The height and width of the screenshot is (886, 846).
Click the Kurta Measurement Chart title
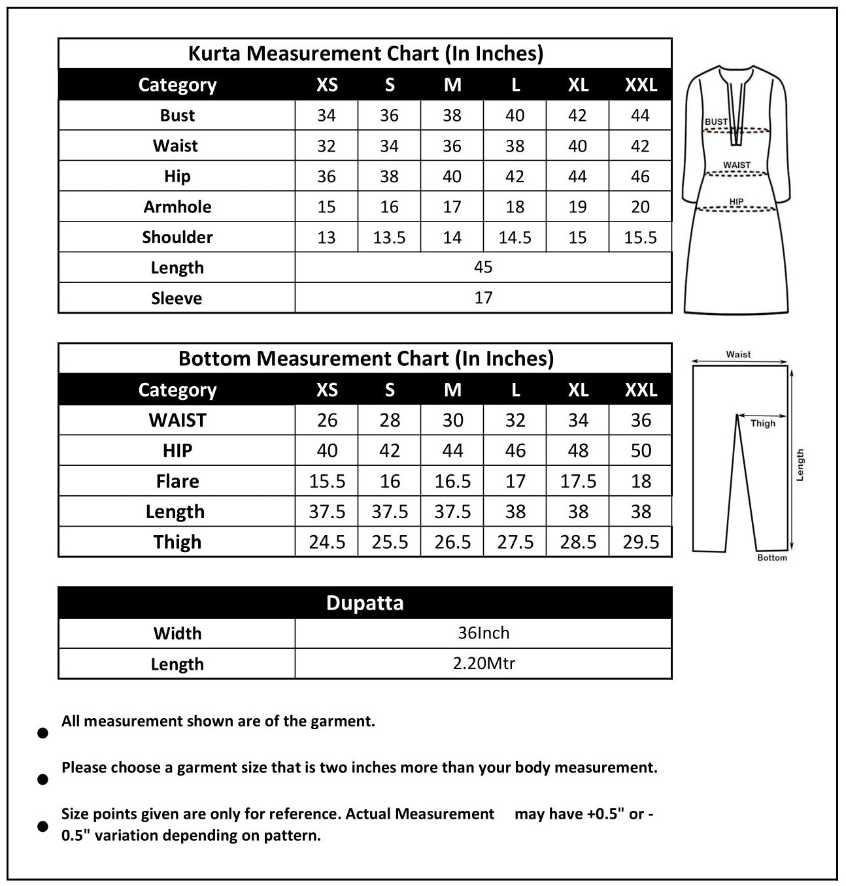(x=365, y=54)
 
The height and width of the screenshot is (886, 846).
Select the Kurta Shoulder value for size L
(x=515, y=237)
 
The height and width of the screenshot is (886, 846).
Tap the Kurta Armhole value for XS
(x=326, y=207)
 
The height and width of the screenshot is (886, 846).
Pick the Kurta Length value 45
(x=483, y=267)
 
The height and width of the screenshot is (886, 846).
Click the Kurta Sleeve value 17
(x=483, y=298)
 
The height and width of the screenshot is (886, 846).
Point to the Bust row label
(x=177, y=116)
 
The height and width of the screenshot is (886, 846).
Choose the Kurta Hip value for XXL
(x=640, y=176)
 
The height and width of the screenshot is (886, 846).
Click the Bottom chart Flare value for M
(x=452, y=482)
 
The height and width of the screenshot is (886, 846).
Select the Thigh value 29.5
(x=641, y=542)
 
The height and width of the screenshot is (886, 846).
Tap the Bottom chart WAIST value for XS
(x=327, y=420)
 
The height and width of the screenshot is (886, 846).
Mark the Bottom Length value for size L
(x=515, y=512)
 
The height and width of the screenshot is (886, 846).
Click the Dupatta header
(x=365, y=602)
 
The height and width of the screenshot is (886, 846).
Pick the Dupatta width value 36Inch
(x=484, y=633)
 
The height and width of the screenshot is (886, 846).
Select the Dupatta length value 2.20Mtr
(x=484, y=664)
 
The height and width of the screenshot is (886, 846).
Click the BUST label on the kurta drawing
(x=716, y=122)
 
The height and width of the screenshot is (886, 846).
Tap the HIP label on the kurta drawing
(x=736, y=201)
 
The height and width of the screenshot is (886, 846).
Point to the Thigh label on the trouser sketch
(x=762, y=423)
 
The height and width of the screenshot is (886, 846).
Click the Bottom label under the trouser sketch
(x=771, y=558)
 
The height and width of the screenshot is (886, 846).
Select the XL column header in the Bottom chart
(x=578, y=390)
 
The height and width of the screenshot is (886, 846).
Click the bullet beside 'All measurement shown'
(x=43, y=733)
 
